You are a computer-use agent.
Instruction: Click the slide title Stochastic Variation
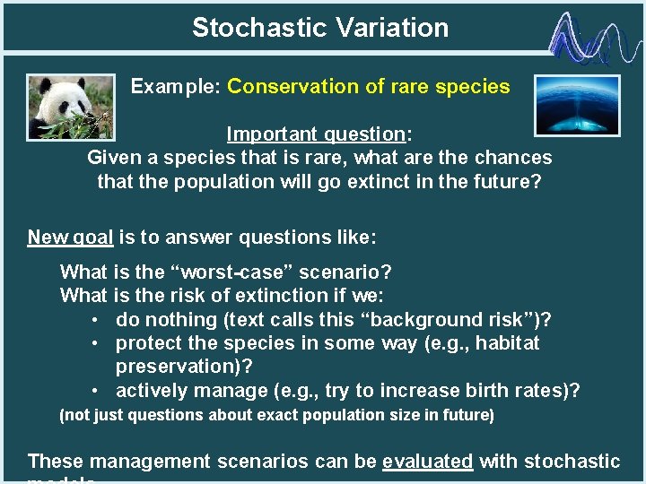tap(320, 28)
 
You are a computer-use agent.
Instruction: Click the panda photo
tap(71, 107)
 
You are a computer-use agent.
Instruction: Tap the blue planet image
tap(576, 106)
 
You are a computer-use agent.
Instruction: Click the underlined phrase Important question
tap(316, 134)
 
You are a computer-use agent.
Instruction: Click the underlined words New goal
tap(70, 238)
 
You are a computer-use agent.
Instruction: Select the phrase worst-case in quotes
tap(227, 272)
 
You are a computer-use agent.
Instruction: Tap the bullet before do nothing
tap(96, 320)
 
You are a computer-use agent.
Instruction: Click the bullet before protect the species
tap(96, 343)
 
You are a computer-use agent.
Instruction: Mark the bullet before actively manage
tap(96, 391)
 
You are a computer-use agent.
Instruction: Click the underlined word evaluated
tap(427, 462)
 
